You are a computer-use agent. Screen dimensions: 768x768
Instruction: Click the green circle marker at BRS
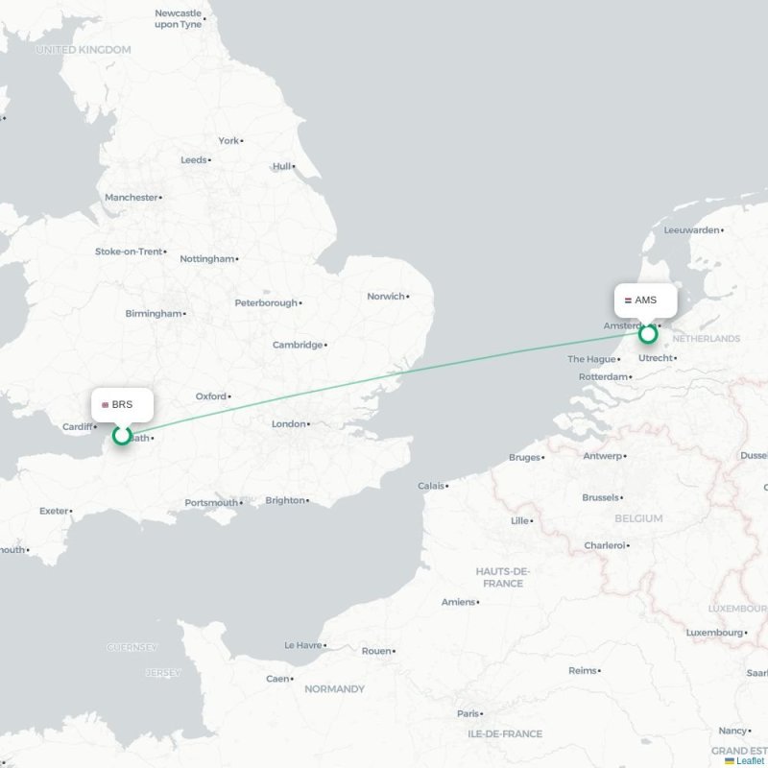[122, 436]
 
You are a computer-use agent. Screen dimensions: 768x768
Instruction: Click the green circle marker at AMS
[648, 334]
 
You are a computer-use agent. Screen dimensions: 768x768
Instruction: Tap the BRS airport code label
[122, 405]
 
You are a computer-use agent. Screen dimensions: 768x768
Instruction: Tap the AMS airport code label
[645, 300]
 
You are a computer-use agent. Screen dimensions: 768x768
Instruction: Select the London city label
[288, 423]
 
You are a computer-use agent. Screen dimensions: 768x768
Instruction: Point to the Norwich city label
[385, 297]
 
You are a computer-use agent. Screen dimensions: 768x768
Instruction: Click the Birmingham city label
[153, 313]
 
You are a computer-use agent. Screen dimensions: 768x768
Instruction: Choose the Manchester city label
[131, 197]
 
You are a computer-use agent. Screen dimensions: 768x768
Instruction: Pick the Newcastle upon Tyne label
[179, 18]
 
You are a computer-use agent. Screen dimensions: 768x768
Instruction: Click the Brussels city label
[601, 497]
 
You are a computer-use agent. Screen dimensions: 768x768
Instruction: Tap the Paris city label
[468, 713]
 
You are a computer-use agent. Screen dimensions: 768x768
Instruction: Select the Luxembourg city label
[714, 633]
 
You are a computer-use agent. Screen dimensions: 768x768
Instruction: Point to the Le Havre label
[302, 645]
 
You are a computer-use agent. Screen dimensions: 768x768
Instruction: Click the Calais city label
[431, 486]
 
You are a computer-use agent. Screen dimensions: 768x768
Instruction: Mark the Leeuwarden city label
[691, 230]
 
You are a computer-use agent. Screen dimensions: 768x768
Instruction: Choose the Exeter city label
[54, 511]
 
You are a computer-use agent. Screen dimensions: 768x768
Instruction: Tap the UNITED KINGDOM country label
[83, 49]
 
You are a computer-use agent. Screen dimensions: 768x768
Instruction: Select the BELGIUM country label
[638, 518]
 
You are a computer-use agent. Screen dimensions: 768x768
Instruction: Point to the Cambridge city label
[297, 345]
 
